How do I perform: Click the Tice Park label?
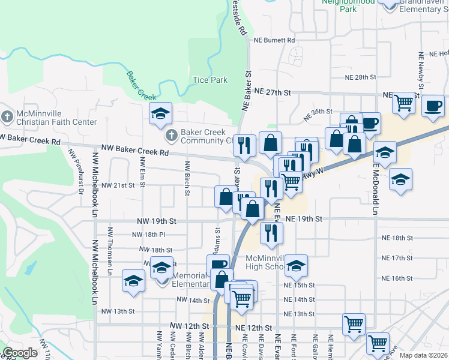(x=210, y=80)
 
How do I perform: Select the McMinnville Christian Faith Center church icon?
(x=7, y=115)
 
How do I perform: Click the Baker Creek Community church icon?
(x=171, y=134)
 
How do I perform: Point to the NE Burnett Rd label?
(x=274, y=40)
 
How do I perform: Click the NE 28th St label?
(x=360, y=77)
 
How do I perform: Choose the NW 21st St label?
(x=118, y=185)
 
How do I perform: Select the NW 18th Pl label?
(x=148, y=235)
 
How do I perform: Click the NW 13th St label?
(x=118, y=311)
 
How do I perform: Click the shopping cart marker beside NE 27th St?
(x=404, y=103)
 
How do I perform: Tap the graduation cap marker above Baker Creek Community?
(x=161, y=113)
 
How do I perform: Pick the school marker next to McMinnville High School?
(x=295, y=264)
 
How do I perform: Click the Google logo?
(x=20, y=353)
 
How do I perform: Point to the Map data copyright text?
(x=423, y=355)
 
